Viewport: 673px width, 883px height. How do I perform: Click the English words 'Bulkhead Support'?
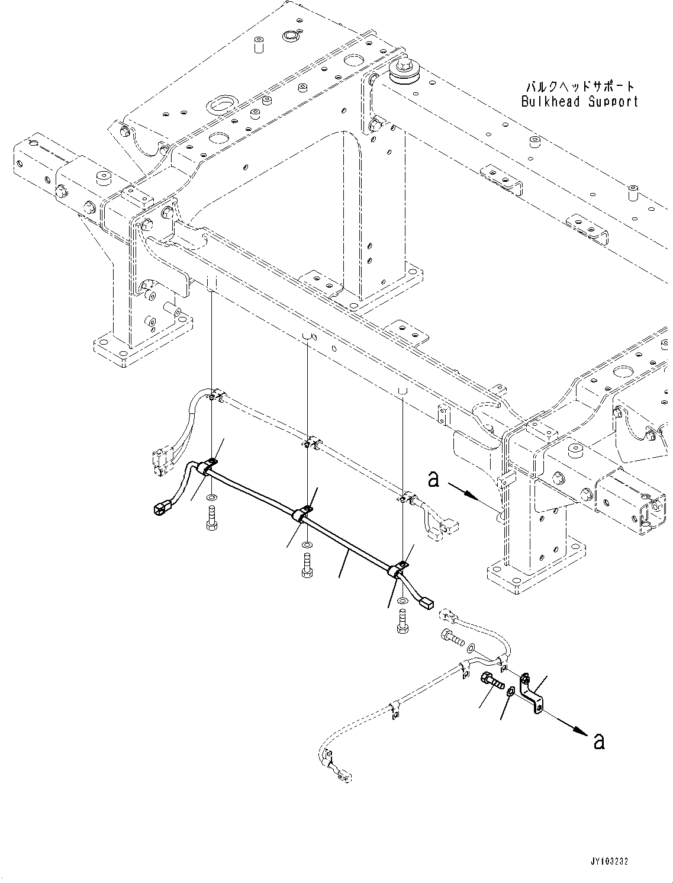coord(579,101)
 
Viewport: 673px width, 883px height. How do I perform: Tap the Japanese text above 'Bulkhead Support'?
coord(579,86)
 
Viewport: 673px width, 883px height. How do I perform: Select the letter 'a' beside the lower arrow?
coord(598,741)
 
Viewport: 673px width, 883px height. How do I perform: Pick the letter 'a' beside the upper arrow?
coord(434,479)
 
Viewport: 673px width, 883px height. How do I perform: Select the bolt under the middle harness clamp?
coord(306,564)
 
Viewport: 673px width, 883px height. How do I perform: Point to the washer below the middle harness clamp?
coord(306,543)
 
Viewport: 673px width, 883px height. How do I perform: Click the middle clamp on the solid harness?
coord(302,513)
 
